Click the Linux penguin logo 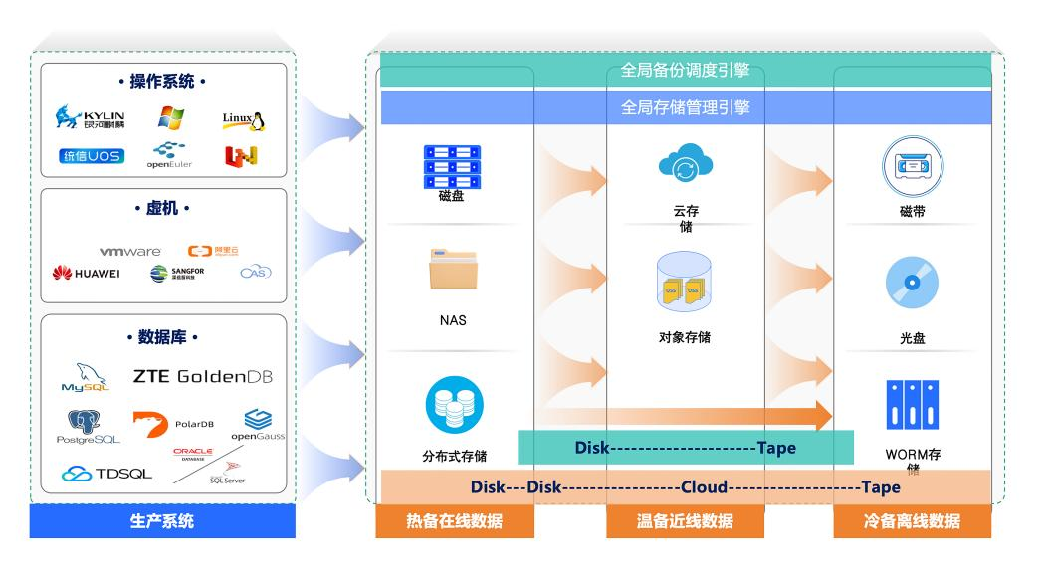point(243,121)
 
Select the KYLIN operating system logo point(91,119)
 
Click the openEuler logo point(169,155)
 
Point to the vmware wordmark point(130,252)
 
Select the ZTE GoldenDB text point(202,377)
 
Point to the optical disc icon point(912,286)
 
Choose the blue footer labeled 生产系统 point(162,521)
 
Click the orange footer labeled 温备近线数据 point(685,521)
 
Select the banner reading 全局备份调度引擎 point(685,71)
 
